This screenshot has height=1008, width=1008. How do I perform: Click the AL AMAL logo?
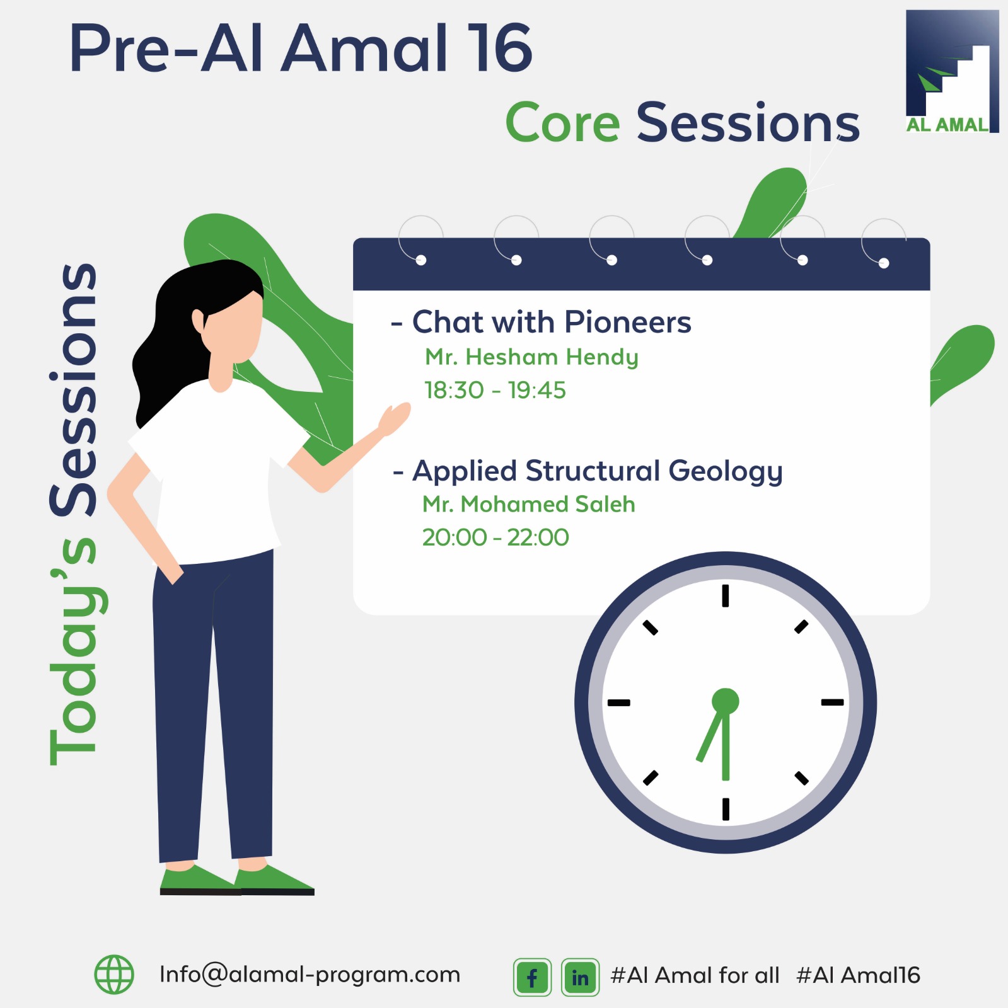(952, 71)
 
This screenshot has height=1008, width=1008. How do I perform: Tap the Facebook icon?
(532, 977)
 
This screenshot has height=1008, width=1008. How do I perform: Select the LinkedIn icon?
(580, 977)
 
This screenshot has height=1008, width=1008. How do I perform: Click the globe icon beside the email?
(114, 975)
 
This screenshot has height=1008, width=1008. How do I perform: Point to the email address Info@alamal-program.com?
(310, 975)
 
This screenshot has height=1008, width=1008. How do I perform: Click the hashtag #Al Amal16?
(858, 975)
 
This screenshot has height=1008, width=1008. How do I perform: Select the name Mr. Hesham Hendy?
(531, 357)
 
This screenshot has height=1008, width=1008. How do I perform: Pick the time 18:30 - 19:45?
(495, 391)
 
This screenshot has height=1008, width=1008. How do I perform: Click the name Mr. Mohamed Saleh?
(529, 504)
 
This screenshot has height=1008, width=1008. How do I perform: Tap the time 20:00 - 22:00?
(495, 537)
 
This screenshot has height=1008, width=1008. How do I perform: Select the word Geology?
(726, 472)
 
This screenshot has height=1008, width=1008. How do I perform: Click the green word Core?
(563, 123)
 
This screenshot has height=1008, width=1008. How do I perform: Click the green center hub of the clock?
(726, 701)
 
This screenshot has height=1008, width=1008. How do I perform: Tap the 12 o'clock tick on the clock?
(726, 595)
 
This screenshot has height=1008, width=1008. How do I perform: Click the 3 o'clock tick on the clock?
(832, 702)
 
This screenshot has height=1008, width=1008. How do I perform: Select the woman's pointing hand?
(395, 419)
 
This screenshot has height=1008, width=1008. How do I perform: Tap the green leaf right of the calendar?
(961, 364)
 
